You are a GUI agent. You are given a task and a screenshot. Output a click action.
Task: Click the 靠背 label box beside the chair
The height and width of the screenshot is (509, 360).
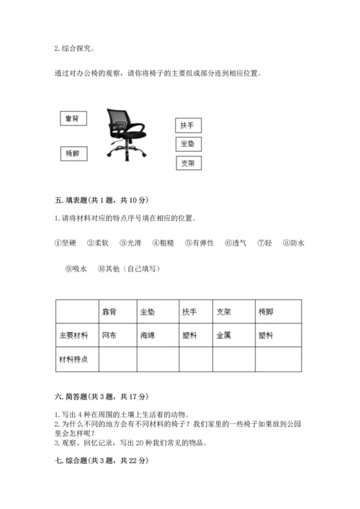click(71, 119)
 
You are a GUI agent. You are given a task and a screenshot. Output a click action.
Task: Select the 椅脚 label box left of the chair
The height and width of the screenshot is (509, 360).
click(71, 153)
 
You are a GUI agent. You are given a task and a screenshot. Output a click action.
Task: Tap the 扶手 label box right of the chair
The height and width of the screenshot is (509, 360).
click(187, 125)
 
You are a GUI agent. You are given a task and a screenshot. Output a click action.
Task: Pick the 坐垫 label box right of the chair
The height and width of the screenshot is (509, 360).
click(187, 144)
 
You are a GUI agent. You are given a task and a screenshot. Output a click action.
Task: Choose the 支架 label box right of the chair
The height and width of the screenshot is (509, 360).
click(187, 163)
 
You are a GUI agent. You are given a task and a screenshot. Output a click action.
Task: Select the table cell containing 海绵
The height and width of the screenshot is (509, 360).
click(156, 335)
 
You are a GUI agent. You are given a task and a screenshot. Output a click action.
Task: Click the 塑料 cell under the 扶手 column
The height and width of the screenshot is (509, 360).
click(196, 335)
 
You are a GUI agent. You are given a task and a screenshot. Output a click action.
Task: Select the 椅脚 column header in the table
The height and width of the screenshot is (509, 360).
click(276, 312)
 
